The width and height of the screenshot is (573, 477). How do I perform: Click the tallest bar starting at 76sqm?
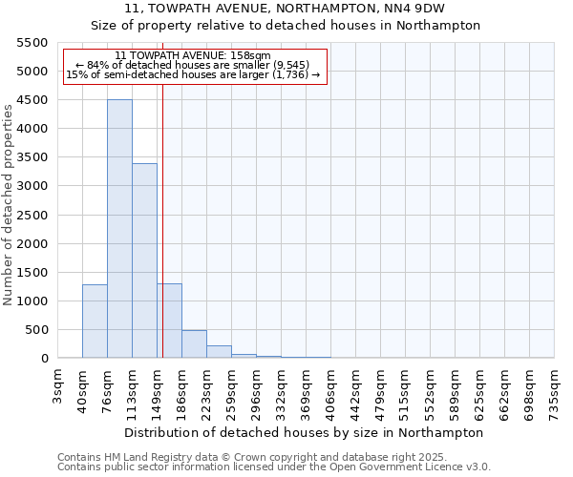119,229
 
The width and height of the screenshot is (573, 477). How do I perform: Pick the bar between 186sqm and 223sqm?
194,344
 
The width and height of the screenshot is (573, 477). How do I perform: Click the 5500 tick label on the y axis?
30,43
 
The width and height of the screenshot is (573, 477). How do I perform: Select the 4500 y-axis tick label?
30,100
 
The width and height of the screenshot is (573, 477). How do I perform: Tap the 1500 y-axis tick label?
30,273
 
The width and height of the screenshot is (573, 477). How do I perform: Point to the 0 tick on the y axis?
44,359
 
